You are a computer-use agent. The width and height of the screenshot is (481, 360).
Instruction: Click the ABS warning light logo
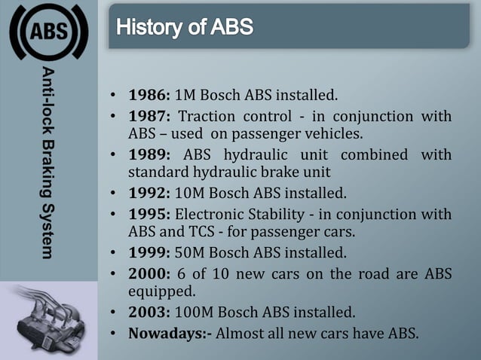(48, 32)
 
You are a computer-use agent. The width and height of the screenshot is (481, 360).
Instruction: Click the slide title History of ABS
(185, 29)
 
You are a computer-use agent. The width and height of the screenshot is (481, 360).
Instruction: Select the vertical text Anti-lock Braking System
(47, 163)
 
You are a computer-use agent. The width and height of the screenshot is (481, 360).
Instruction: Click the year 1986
(148, 96)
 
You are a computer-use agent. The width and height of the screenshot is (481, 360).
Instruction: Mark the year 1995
(148, 213)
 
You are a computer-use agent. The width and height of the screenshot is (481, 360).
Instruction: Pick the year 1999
(148, 252)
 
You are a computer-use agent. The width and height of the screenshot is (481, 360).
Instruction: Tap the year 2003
(148, 311)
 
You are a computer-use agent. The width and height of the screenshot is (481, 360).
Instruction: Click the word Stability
(269, 213)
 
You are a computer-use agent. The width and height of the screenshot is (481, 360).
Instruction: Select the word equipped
(157, 291)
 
